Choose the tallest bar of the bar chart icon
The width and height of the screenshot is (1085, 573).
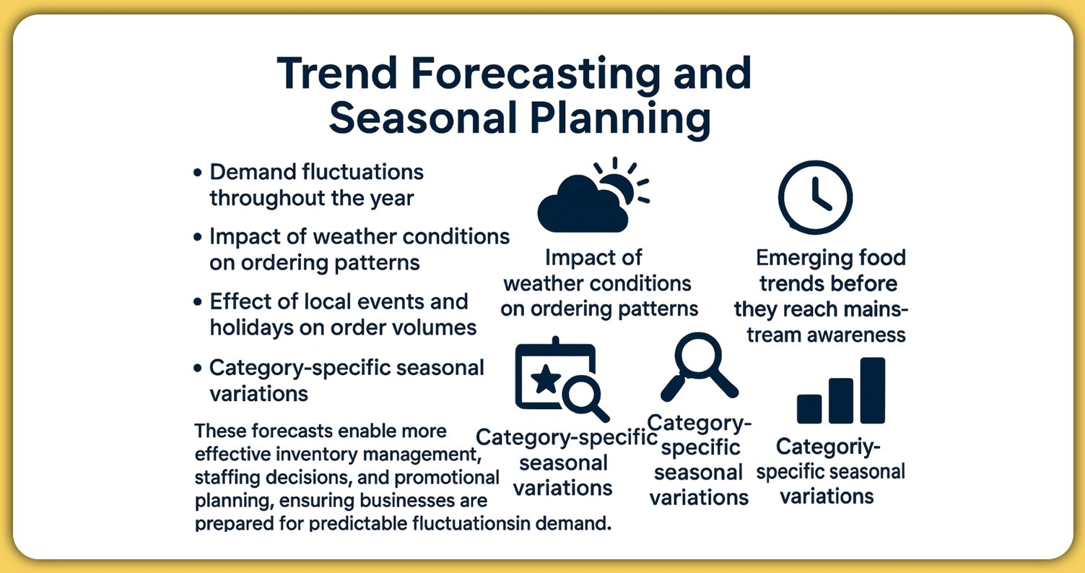tap(872, 390)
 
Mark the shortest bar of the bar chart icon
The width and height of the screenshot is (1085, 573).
tap(809, 408)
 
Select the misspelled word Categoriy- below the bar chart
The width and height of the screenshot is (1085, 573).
tap(828, 447)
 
